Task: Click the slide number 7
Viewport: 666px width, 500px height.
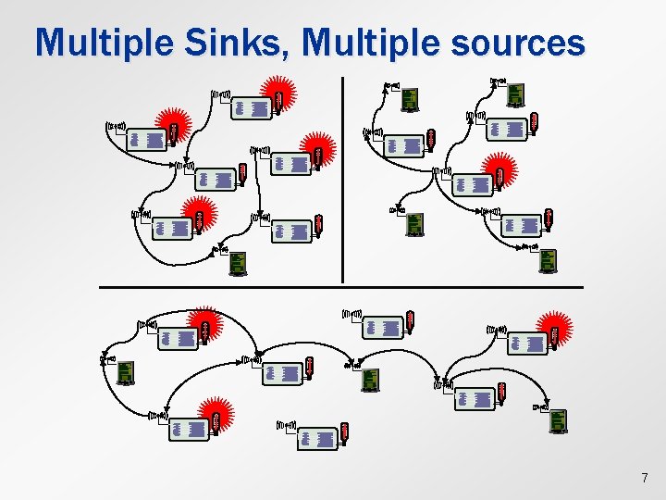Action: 645,478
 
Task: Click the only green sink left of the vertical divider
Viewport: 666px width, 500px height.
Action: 238,264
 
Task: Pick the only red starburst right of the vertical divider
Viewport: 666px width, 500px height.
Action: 500,174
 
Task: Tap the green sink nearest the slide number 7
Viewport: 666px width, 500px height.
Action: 558,421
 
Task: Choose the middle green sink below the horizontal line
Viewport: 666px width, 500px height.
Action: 370,380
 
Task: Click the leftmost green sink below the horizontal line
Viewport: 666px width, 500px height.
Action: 125,371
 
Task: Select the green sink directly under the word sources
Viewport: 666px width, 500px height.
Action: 516,94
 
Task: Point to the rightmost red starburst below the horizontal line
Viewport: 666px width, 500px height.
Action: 555,331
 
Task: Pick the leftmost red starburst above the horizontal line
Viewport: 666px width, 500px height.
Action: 171,127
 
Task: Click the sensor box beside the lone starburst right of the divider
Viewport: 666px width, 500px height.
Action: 473,184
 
